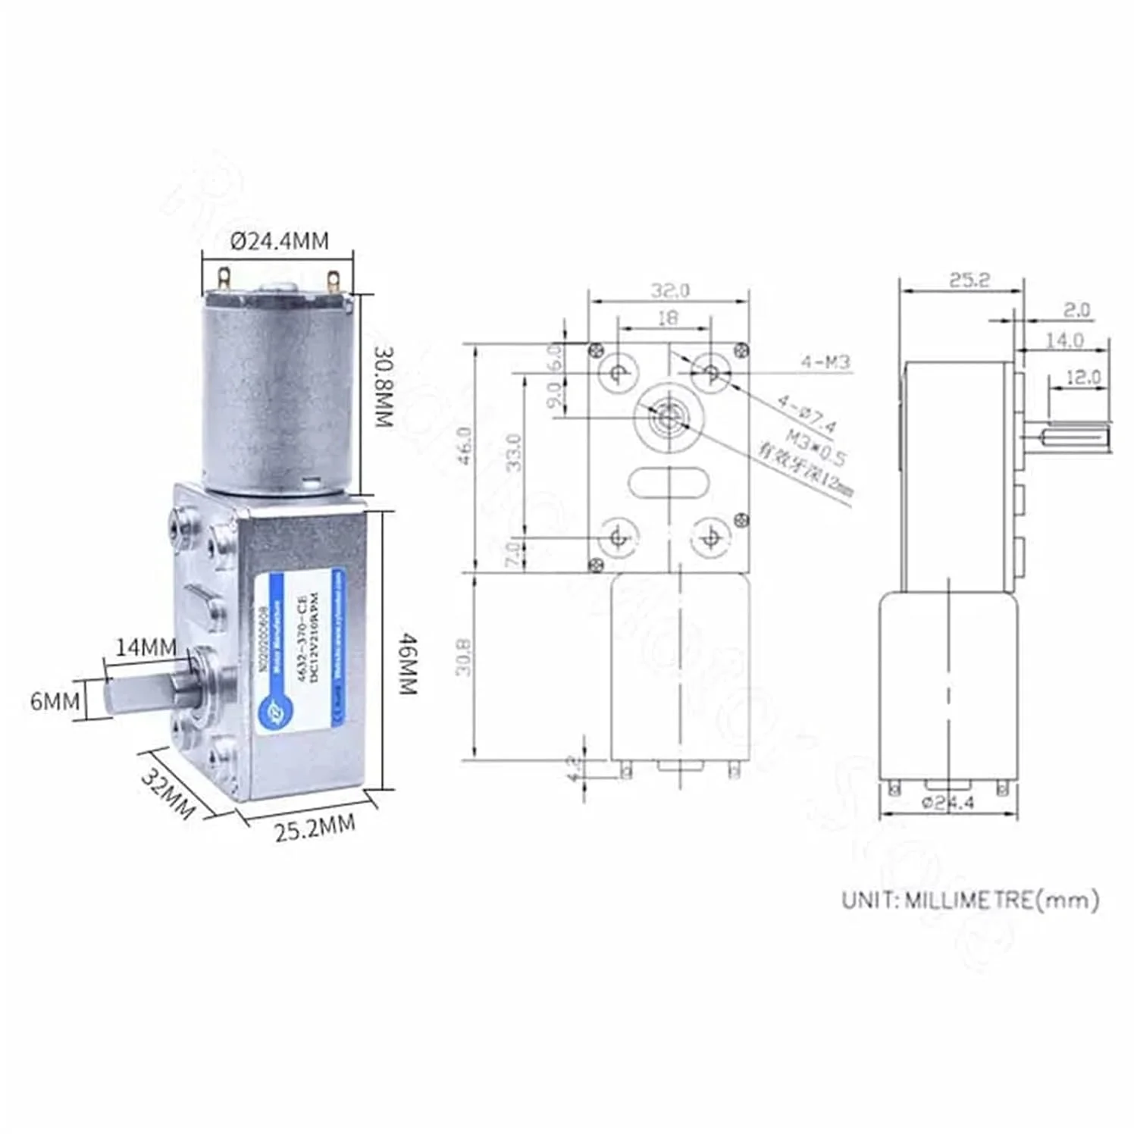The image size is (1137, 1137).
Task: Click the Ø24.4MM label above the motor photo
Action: click(280, 241)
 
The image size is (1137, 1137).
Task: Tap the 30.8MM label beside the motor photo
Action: click(385, 387)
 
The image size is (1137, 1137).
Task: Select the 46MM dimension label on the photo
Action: click(407, 664)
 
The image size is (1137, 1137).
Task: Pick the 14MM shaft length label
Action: click(146, 647)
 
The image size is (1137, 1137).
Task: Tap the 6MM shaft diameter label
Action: click(55, 701)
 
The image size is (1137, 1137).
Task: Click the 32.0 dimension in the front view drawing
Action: click(670, 290)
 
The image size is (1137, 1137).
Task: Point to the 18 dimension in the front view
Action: click(667, 318)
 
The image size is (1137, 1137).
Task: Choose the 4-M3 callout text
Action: click(825, 362)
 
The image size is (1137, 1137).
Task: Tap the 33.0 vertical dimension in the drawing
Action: click(514, 452)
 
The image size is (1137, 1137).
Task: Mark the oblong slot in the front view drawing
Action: click(668, 482)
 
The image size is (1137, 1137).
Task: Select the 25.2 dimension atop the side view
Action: click(969, 280)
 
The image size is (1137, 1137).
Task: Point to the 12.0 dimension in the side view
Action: click(1082, 377)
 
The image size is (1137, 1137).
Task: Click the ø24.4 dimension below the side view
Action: click(947, 803)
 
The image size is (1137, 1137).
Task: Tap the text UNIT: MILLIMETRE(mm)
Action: click(970, 900)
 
